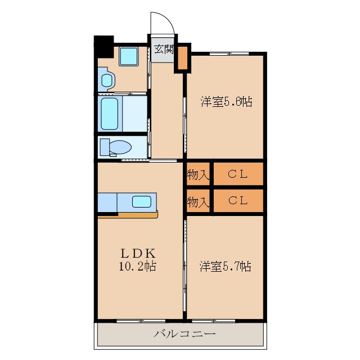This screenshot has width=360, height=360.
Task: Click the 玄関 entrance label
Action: (164, 49)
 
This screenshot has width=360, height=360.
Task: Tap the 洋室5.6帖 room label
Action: (227, 102)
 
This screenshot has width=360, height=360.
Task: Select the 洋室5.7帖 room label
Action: (225, 266)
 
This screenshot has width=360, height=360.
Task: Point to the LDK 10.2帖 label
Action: (138, 260)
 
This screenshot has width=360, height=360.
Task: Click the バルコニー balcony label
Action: (184, 334)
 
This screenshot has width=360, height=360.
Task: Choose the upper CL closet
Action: (238, 174)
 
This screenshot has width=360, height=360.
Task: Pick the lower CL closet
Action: (238, 201)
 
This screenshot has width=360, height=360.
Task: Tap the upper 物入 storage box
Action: (198, 174)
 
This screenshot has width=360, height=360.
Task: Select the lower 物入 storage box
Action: (198, 201)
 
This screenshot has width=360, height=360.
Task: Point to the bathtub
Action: (110, 114)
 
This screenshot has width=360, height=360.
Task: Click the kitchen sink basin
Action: (141, 201)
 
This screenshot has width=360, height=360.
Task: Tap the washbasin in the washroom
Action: (107, 80)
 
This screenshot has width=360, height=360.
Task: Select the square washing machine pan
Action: (129, 56)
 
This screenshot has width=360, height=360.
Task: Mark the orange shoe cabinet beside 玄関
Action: (183, 57)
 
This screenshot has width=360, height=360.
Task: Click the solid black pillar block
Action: (104, 47)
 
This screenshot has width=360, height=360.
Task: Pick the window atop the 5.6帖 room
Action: (229, 54)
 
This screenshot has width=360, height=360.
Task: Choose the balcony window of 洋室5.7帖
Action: (213, 321)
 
